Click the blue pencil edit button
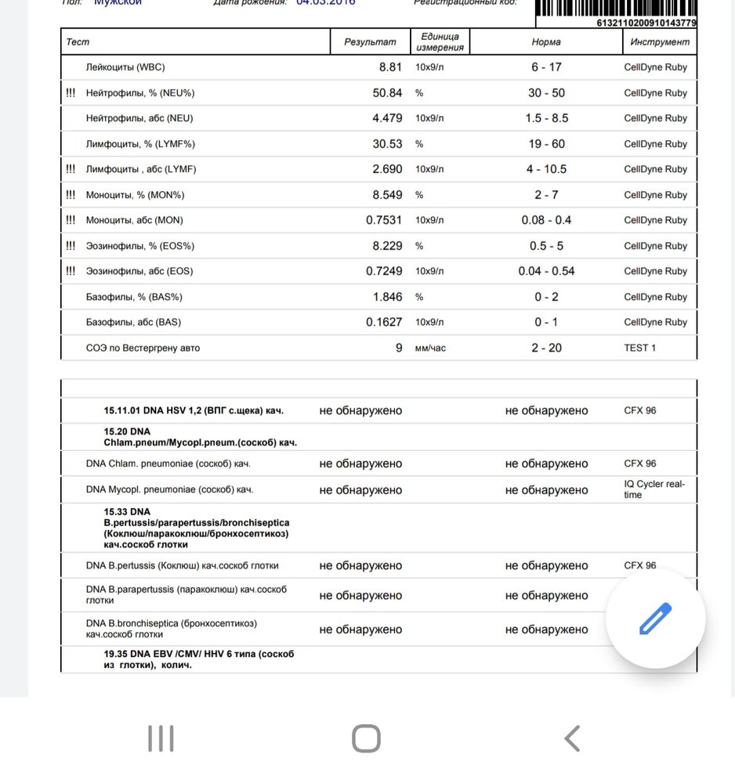pos(656,619)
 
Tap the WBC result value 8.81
pos(389,67)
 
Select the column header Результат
pos(370,42)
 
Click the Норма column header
pos(545,42)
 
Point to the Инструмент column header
pos(658,42)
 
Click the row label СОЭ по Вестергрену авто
pos(143,348)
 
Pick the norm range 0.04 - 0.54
pos(545,271)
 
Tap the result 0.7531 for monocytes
pos(384,220)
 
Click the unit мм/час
pos(430,348)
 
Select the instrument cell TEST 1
pos(639,348)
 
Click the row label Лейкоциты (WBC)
pos(125,67)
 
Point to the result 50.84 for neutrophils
pos(387,92)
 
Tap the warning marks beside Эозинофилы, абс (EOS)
pos(71,271)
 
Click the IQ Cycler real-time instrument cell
pos(649,489)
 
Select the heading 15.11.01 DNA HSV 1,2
pos(194,410)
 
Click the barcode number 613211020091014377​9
pos(646,23)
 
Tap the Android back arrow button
pos(572,738)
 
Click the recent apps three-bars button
pos(161,738)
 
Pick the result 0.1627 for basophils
pos(384,322)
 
